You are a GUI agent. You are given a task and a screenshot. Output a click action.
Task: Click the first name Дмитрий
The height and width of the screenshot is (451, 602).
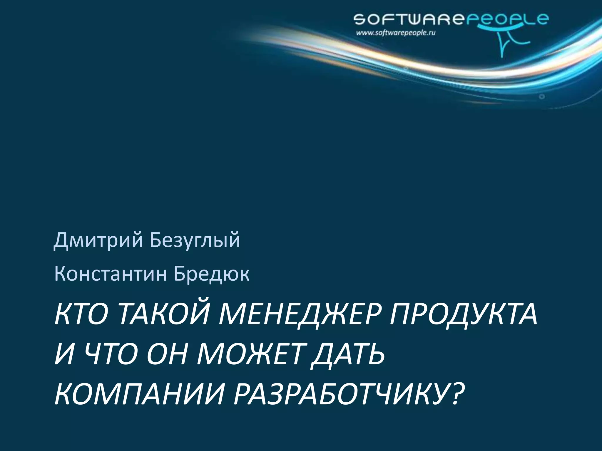pyautogui.click(x=98, y=240)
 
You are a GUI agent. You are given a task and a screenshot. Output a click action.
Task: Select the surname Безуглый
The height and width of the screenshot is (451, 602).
pyautogui.click(x=195, y=240)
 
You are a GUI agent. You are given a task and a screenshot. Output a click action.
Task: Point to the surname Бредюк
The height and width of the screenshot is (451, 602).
pyautogui.click(x=211, y=274)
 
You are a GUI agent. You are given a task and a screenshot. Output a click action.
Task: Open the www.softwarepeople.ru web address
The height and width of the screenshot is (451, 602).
pyautogui.click(x=395, y=33)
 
